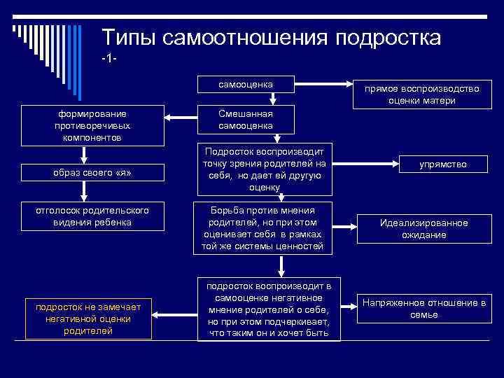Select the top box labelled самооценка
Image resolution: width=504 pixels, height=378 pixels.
tap(245, 85)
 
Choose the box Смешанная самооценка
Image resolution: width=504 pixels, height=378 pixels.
tap(245, 120)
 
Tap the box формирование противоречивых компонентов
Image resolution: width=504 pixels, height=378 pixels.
tap(92, 125)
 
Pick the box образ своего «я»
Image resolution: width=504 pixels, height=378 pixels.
tap(92, 172)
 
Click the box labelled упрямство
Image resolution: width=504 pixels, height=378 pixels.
tap(442, 164)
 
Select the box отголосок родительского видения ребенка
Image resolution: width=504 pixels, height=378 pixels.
tap(92, 216)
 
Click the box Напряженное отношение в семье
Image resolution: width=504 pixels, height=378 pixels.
tap(423, 309)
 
